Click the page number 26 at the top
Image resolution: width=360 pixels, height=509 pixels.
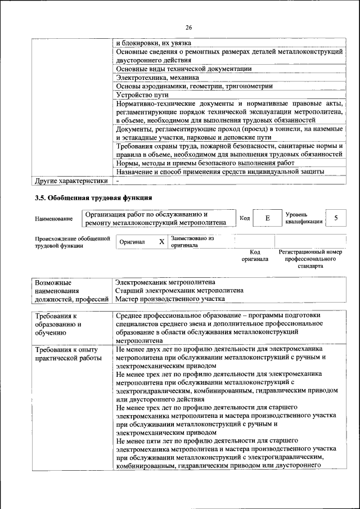(188, 26)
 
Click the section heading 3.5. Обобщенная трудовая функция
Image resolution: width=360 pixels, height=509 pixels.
(93, 197)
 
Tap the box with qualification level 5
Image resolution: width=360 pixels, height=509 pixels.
(336, 218)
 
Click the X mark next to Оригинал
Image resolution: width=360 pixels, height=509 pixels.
(161, 241)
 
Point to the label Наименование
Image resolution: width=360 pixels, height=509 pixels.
(53, 218)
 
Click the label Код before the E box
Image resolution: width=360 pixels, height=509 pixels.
(245, 218)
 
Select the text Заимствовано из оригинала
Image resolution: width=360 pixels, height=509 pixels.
(192, 242)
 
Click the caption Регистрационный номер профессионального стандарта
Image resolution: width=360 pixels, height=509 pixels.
(310, 259)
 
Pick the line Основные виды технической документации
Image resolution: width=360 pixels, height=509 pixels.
(183, 69)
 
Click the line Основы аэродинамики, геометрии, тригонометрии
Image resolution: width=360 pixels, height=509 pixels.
(194, 86)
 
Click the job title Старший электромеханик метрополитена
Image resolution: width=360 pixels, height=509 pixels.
(179, 291)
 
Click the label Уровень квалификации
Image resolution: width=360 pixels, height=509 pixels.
(304, 218)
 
